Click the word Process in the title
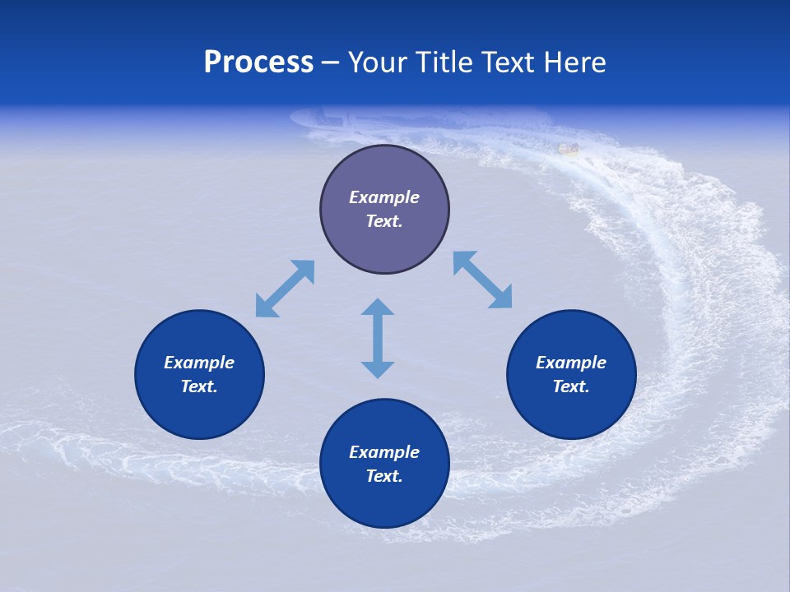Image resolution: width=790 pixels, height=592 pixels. click(258, 62)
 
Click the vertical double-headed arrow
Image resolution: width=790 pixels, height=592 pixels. click(378, 338)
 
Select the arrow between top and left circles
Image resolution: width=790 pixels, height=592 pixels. click(285, 289)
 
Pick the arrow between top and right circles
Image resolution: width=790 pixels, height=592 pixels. click(482, 280)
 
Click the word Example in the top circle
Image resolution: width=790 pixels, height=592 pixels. click(384, 197)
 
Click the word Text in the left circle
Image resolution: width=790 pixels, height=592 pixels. click(199, 386)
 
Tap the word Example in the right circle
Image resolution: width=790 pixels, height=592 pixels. click(571, 363)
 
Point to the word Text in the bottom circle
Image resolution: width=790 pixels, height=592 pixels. click(384, 476)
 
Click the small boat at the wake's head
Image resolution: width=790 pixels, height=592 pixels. click(568, 149)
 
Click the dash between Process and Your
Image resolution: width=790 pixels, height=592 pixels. click(330, 62)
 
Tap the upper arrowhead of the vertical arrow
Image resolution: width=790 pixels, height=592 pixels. click(378, 307)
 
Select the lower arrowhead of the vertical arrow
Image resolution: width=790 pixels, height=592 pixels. click(378, 369)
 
